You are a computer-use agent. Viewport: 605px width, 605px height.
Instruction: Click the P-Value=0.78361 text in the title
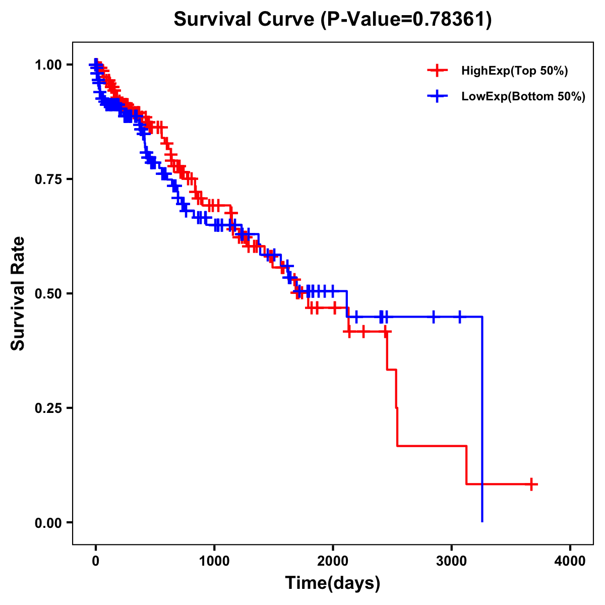coord(406,19)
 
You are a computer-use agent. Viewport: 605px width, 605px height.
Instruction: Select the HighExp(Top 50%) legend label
coord(514,71)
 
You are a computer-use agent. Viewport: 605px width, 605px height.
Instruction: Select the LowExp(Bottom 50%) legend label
coord(523,96)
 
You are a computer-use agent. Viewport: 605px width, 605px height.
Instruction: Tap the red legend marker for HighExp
coord(437,71)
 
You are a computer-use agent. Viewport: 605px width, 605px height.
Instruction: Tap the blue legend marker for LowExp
coord(437,96)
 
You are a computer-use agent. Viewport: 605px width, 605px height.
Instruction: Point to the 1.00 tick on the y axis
coord(48,65)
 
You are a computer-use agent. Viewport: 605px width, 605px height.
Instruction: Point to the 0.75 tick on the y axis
coord(48,179)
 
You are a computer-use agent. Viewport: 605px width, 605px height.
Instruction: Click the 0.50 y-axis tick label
coord(48,293)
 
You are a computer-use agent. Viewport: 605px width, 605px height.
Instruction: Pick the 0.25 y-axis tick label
coord(48,408)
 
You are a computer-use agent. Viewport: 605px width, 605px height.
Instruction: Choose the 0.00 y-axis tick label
coord(48,522)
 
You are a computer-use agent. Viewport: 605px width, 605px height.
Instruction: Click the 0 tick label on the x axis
coord(96,561)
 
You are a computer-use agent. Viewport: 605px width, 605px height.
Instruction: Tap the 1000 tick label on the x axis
coord(214,561)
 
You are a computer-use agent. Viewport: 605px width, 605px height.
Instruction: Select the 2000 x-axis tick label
coord(333,561)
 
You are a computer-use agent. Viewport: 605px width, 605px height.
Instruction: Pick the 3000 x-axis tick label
coord(452,561)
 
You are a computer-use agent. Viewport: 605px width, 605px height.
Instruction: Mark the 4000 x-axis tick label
coord(570,561)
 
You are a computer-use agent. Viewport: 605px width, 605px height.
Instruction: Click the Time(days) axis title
coord(333,583)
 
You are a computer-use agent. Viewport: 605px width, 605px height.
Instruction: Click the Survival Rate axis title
coord(18,293)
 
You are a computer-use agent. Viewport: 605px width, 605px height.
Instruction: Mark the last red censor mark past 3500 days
coord(531,484)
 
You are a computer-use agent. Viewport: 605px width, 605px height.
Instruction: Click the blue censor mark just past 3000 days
coord(459,317)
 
